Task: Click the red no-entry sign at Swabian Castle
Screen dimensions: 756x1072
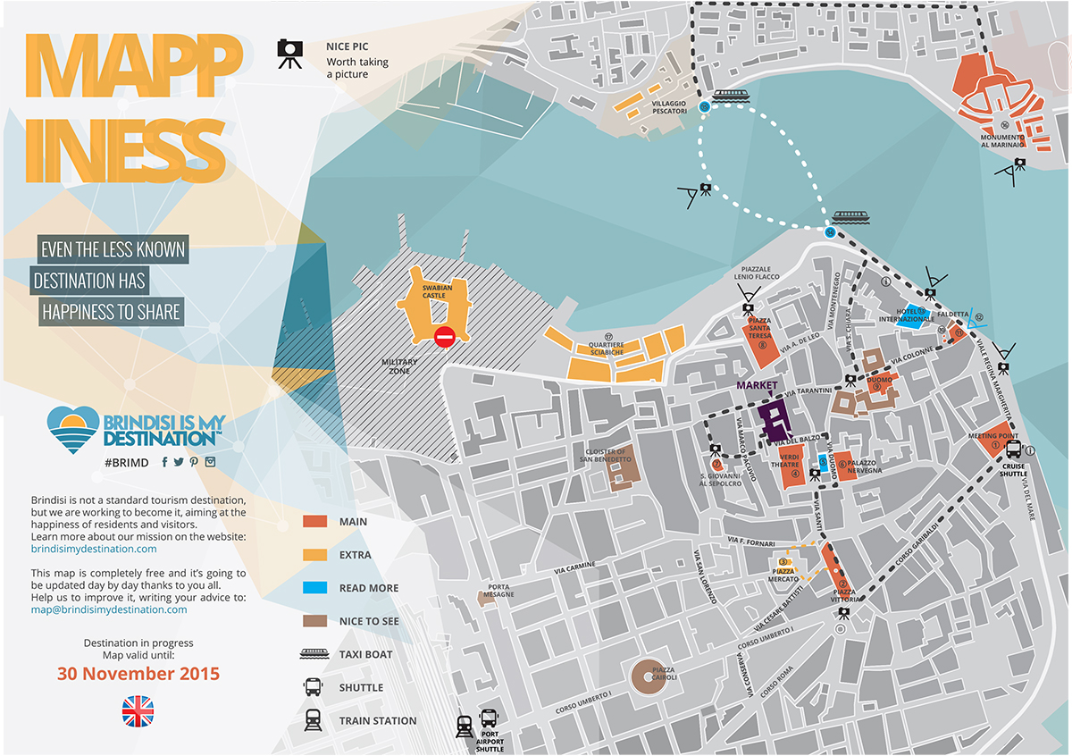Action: pyautogui.click(x=444, y=337)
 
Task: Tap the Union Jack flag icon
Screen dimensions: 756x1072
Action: pyautogui.click(x=138, y=711)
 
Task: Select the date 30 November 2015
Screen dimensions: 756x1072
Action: pyautogui.click(x=138, y=674)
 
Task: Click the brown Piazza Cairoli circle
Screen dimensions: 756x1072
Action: pyautogui.click(x=654, y=678)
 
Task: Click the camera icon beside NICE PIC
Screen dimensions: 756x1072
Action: pyautogui.click(x=289, y=55)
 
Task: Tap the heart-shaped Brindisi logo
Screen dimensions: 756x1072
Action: pyautogui.click(x=72, y=426)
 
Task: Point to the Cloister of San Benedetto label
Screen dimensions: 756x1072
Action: pyautogui.click(x=607, y=456)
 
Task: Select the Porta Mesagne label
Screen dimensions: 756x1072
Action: pyautogui.click(x=498, y=591)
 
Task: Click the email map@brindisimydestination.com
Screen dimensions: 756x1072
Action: pyautogui.click(x=109, y=609)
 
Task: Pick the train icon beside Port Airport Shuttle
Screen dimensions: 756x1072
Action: pyautogui.click(x=465, y=727)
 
